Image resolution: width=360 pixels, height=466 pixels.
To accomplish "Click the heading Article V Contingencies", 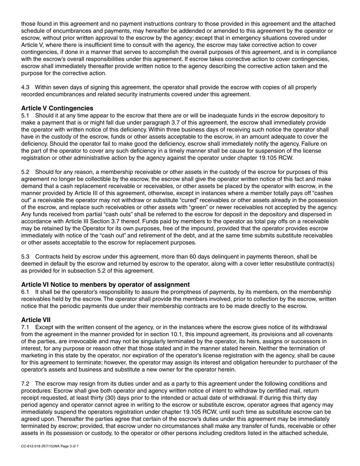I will (57, 108).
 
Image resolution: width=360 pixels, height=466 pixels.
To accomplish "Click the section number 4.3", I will (25, 88).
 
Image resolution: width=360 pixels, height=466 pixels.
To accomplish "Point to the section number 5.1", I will (25, 116).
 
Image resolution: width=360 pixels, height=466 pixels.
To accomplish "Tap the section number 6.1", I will (25, 292).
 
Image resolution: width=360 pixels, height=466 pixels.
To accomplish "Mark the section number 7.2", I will (25, 384).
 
